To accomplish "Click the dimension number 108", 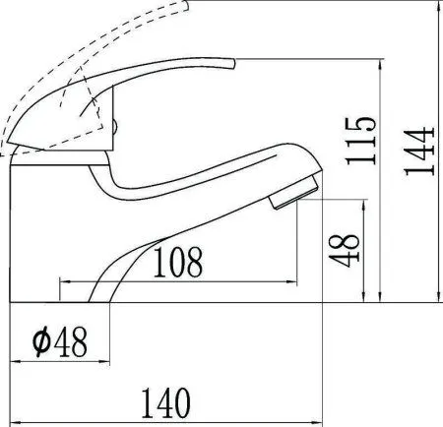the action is (178, 262).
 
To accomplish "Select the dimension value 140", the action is (165, 402).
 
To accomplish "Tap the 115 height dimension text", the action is (360, 141).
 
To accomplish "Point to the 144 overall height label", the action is (419, 151).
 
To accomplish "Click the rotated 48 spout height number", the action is (345, 250).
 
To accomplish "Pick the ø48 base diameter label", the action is (60, 341).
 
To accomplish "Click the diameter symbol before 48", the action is (42, 341).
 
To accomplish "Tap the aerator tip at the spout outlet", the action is (294, 193).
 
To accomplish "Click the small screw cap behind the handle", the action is (115, 127).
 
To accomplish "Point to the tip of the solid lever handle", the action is (233, 64).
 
